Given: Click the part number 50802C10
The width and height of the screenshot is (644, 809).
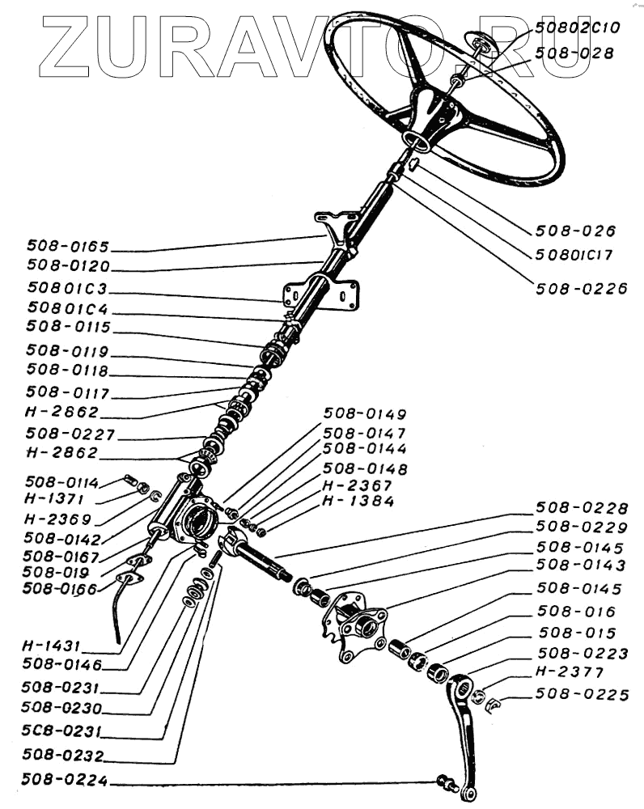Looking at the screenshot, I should [577, 28].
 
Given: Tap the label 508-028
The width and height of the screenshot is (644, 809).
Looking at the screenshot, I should [574, 53].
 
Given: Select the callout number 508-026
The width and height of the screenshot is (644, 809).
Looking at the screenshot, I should [575, 231].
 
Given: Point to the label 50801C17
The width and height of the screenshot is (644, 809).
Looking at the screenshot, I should [574, 255].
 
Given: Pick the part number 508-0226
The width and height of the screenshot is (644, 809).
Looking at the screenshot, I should [580, 287].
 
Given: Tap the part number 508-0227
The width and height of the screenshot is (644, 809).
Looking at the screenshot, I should [71, 434].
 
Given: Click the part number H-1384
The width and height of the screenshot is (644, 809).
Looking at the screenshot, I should [358, 502].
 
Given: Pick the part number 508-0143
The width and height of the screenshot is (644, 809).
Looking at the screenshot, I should [581, 565].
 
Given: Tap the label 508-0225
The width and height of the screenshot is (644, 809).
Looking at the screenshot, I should [581, 693].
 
